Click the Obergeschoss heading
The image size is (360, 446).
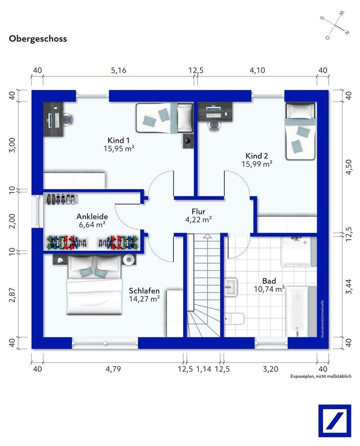38,39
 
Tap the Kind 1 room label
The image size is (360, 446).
119,140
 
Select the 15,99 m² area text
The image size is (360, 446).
257,164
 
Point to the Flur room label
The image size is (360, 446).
198,211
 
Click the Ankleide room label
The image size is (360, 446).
92,217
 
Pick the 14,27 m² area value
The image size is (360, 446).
144,299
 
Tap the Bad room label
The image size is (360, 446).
269,281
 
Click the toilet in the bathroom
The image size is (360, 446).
234,319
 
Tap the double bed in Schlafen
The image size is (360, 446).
94,285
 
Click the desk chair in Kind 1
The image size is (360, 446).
69,120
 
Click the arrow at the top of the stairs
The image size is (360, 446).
207,236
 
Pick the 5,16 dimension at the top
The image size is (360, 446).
118,70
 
